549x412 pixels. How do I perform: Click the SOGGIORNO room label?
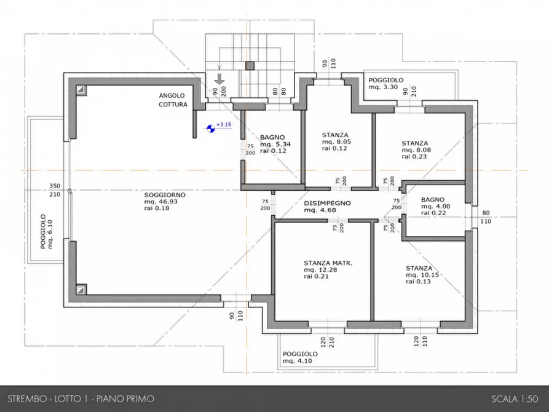pyautogui.click(x=165, y=195)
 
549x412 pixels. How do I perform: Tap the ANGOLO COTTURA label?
pyautogui.click(x=173, y=100)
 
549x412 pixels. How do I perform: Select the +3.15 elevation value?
pyautogui.click(x=224, y=124)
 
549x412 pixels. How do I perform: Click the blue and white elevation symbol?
pyautogui.click(x=211, y=129)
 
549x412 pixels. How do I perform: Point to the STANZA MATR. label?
pyautogui.click(x=328, y=263)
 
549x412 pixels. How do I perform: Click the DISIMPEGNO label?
pyautogui.click(x=327, y=203)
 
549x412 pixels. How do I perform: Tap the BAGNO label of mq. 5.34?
pyautogui.click(x=272, y=137)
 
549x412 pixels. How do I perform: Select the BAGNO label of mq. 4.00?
pyautogui.click(x=433, y=200)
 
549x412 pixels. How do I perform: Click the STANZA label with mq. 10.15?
pyautogui.click(x=419, y=268)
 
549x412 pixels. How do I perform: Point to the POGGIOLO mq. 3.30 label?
pyautogui.click(x=386, y=84)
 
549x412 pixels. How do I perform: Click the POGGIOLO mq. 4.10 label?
pyautogui.click(x=300, y=357)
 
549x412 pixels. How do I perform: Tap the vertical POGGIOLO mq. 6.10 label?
pyautogui.click(x=46, y=232)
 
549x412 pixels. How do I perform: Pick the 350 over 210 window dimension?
pyautogui.click(x=55, y=190)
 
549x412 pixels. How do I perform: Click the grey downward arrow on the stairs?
pyautogui.click(x=219, y=79)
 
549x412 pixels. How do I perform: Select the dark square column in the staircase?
pyautogui.click(x=249, y=66)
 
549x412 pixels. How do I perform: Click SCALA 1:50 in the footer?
pyautogui.click(x=515, y=398)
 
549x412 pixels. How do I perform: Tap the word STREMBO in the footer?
pyautogui.click(x=27, y=398)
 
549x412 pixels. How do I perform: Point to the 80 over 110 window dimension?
pyautogui.click(x=486, y=217)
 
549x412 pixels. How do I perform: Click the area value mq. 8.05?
pyautogui.click(x=336, y=141)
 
